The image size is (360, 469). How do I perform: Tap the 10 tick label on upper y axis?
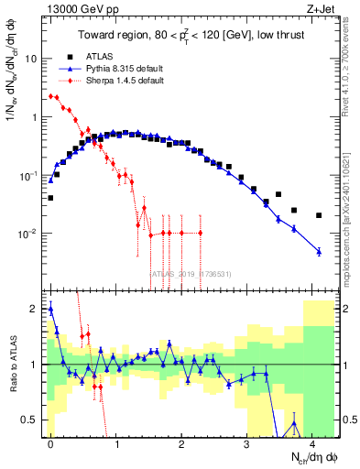(x=35, y=59)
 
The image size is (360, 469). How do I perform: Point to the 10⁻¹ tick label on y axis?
(x=31, y=175)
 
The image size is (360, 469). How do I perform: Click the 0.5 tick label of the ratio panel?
(x=33, y=420)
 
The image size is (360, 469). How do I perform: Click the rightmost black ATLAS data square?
(x=319, y=215)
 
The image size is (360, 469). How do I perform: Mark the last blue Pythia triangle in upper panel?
(x=319, y=251)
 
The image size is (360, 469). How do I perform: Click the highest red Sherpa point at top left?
(x=51, y=95)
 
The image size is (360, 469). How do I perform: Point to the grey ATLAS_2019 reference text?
(x=190, y=274)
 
